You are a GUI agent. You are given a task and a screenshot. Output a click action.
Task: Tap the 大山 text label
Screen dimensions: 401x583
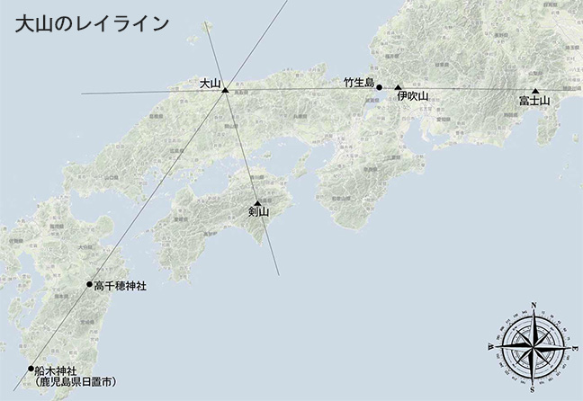click(x=210, y=83)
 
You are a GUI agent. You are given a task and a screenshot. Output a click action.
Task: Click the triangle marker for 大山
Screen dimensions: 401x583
click(x=225, y=89)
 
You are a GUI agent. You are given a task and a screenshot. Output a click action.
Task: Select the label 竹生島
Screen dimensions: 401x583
click(x=358, y=83)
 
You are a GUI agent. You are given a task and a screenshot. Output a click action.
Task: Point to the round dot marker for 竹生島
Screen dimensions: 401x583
click(x=380, y=88)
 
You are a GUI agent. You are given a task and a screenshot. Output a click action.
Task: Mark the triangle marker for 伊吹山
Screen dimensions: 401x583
click(x=398, y=89)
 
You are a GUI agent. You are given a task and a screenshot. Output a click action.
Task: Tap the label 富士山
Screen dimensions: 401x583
click(x=534, y=102)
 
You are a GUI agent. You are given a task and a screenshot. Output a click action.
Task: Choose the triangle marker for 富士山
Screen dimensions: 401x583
click(x=535, y=92)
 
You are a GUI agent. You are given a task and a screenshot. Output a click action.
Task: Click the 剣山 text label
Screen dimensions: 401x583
click(x=258, y=212)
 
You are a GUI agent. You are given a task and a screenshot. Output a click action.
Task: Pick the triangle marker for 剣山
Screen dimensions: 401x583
click(x=257, y=202)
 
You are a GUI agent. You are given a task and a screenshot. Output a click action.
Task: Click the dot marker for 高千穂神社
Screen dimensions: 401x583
click(x=89, y=285)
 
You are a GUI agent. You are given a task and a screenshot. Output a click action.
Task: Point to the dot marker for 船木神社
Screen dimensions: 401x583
click(x=31, y=369)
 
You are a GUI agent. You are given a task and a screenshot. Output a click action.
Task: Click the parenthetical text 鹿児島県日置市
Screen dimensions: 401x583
click(x=76, y=382)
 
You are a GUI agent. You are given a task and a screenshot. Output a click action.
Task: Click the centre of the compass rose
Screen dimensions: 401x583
click(x=534, y=346)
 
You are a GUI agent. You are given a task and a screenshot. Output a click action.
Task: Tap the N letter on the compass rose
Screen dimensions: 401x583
click(x=535, y=306)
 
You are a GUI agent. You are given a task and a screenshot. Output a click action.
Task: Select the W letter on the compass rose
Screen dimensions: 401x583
click(x=492, y=346)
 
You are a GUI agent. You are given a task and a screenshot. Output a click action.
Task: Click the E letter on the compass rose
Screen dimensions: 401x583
click(x=577, y=347)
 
